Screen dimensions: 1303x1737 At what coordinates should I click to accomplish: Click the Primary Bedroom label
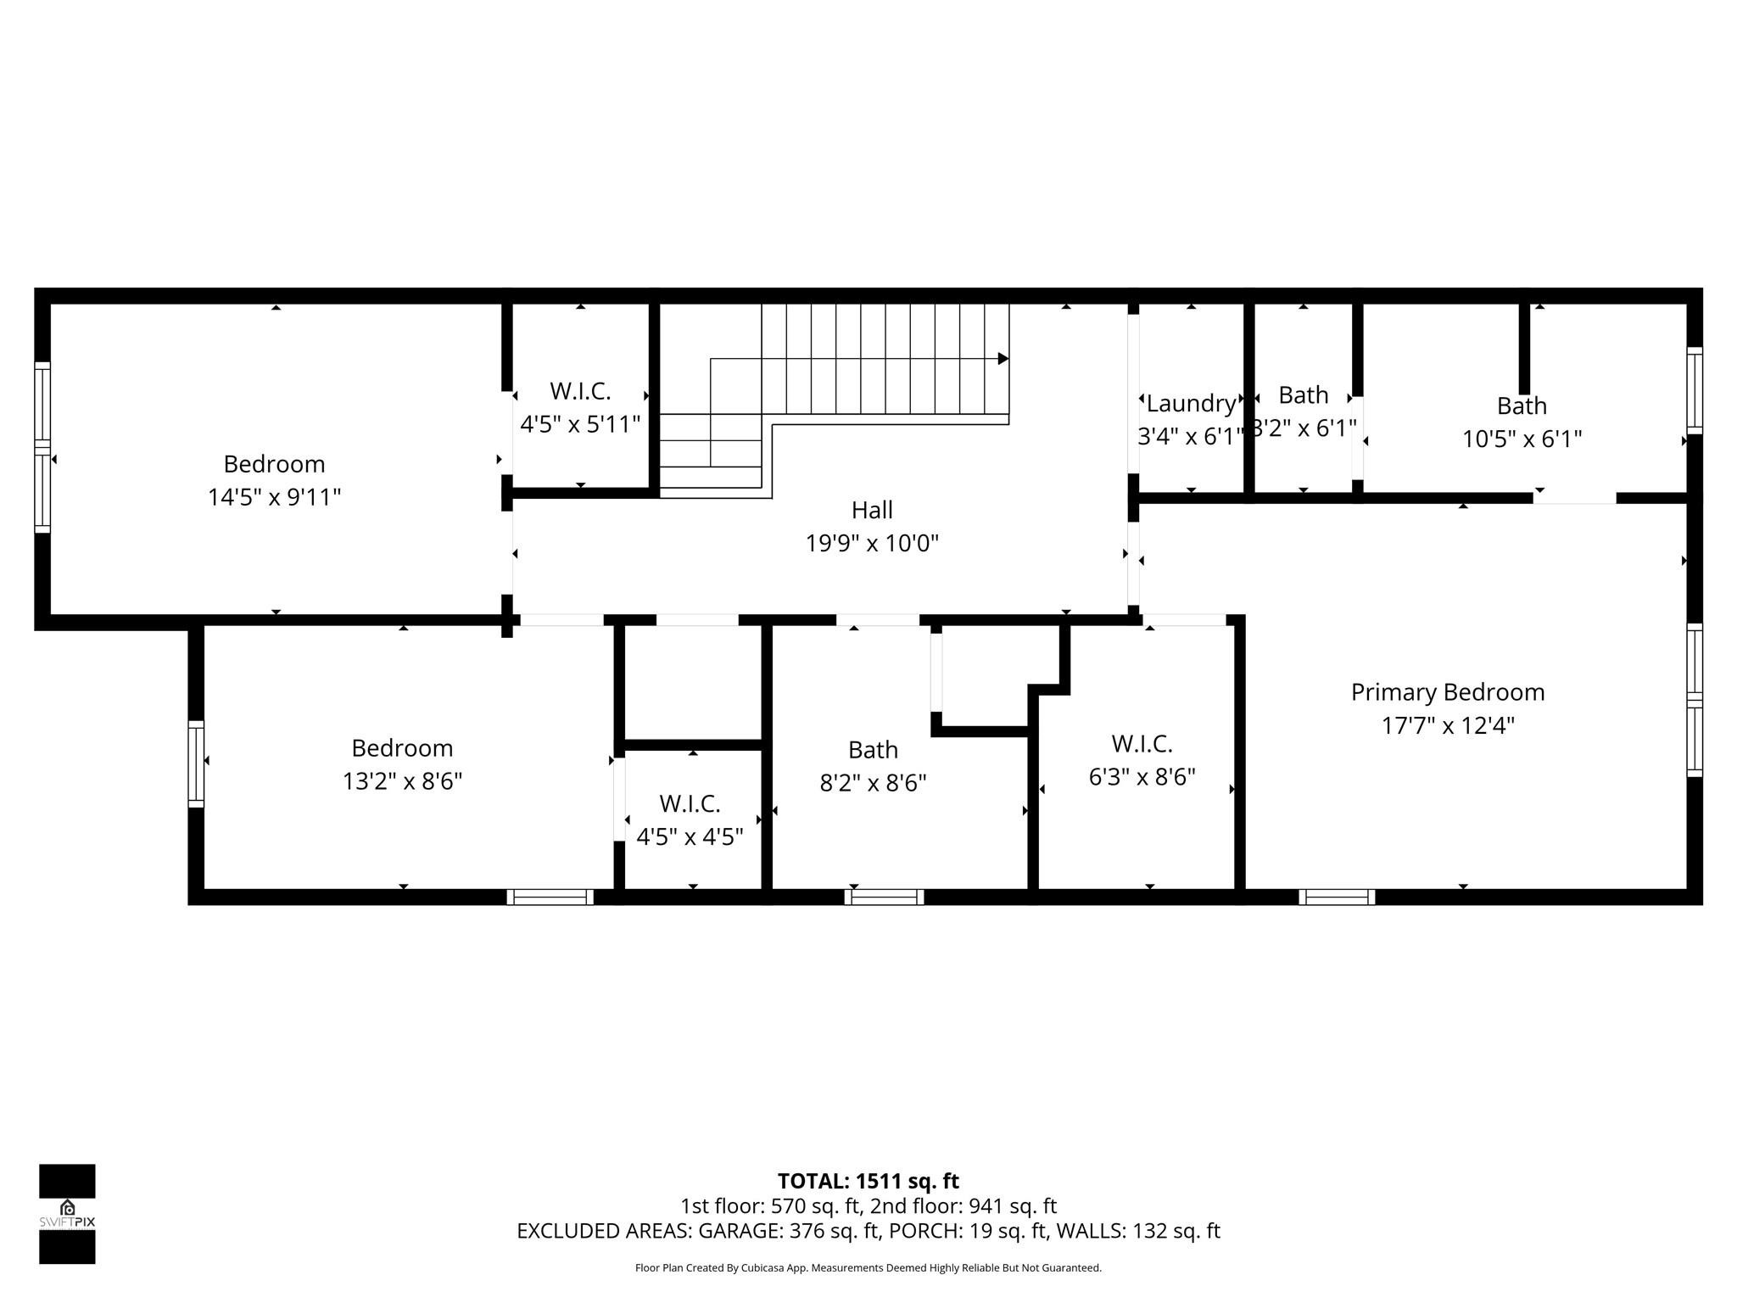1447,692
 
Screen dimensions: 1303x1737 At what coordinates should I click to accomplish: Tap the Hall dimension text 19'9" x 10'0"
872,543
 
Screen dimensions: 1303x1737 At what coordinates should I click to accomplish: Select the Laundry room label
1190,403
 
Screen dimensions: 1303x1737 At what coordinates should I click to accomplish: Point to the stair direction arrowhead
1003,359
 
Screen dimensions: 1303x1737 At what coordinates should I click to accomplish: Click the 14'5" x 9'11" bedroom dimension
274,497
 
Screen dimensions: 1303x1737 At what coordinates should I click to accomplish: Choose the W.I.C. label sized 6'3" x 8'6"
1142,744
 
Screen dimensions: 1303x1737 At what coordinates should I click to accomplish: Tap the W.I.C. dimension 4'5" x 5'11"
580,424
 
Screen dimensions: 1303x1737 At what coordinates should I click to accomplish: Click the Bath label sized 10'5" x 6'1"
1522,405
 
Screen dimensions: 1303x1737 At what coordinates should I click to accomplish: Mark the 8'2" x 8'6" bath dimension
873,782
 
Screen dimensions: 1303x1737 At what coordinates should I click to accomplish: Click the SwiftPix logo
67,1213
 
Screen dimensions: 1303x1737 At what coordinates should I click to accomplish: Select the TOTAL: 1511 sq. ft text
868,1181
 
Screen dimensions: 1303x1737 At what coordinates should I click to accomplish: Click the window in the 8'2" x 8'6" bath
884,897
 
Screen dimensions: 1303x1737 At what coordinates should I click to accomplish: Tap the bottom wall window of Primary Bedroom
1337,897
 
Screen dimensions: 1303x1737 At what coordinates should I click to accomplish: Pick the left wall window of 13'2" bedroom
196,763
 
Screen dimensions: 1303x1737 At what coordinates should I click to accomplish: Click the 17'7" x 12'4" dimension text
1447,726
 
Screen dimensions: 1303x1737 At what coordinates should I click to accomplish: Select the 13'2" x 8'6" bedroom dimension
402,781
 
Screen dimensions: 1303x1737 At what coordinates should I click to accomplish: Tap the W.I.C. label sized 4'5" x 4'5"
690,803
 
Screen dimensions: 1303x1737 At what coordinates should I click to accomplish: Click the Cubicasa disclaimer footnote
868,1268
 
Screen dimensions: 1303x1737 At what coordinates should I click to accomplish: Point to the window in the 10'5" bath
1694,390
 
